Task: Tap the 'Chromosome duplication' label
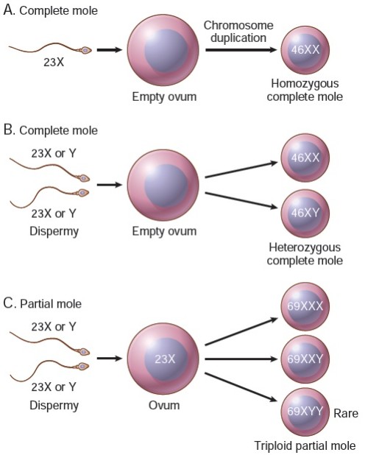(x=238, y=32)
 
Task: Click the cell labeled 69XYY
(x=304, y=414)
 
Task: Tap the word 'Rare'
(x=345, y=414)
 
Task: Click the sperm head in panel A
(x=86, y=51)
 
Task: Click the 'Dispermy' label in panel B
(x=54, y=231)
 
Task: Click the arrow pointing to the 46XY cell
(x=241, y=202)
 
